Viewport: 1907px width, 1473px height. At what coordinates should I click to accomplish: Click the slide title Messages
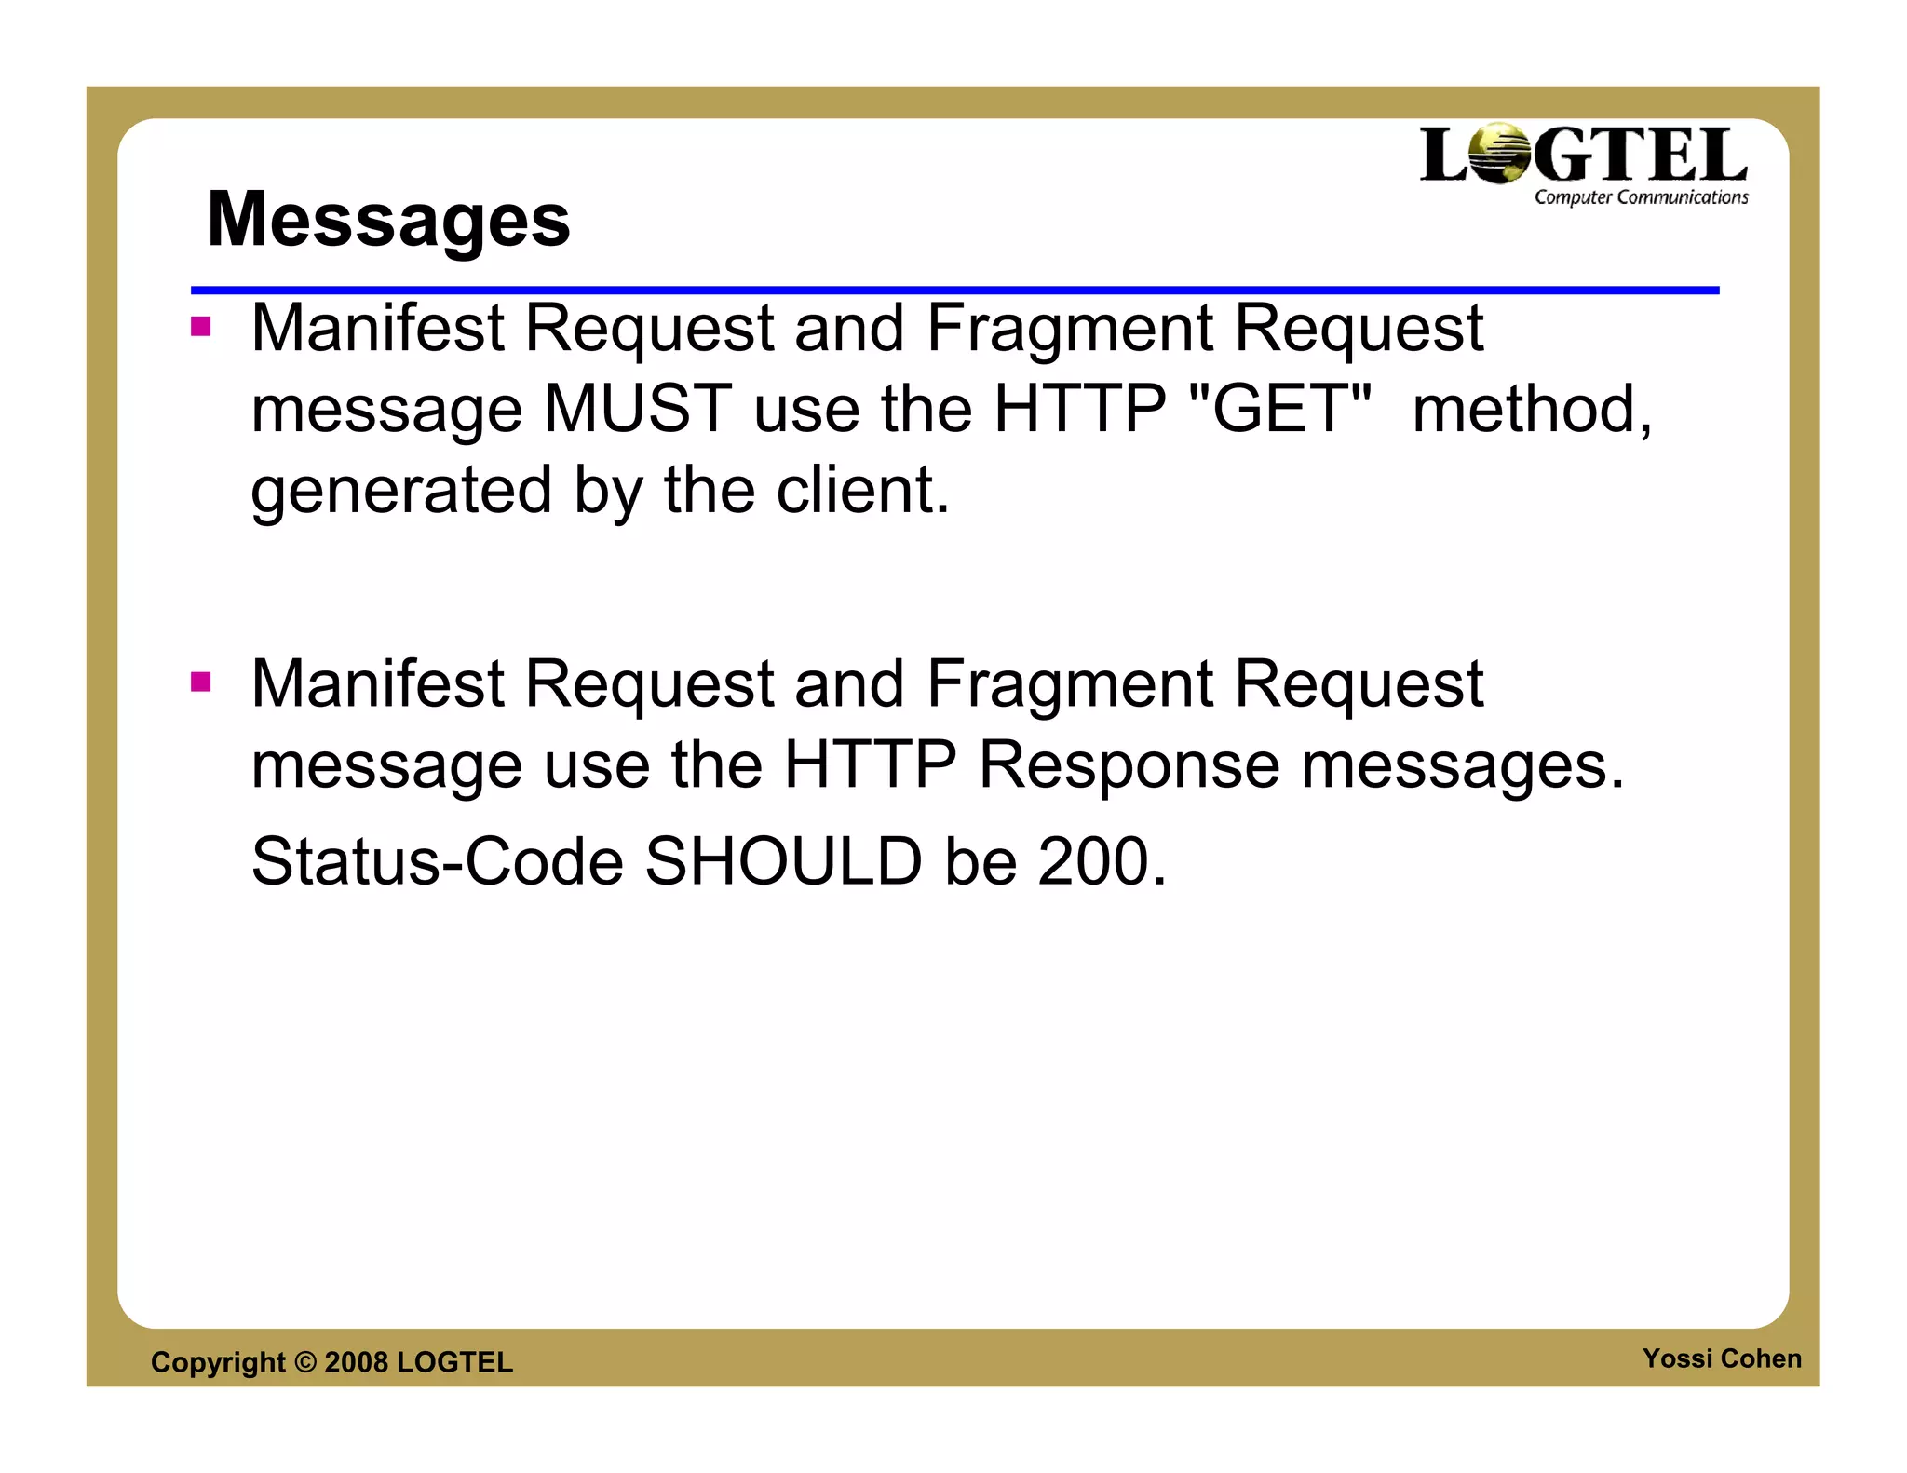coord(388,220)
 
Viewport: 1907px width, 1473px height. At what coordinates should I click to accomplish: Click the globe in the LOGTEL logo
coord(1500,154)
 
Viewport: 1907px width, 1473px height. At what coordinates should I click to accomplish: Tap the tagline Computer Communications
coord(1641,197)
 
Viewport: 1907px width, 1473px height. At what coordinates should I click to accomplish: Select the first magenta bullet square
coord(201,327)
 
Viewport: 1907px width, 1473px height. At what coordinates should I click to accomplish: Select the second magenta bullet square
coord(201,682)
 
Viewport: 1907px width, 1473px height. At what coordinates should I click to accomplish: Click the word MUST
coord(638,409)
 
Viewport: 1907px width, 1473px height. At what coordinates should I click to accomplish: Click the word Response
coord(1129,765)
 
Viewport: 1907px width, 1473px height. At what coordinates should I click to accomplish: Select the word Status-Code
coord(437,861)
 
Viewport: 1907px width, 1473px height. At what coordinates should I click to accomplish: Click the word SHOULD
coord(783,861)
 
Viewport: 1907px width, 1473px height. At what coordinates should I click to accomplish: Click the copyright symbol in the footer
coord(305,1362)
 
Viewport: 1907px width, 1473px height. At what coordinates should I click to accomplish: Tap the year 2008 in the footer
coord(356,1362)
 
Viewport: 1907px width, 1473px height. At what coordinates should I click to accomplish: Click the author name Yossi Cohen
coord(1721,1358)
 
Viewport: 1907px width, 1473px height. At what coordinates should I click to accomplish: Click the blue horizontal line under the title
coord(953,291)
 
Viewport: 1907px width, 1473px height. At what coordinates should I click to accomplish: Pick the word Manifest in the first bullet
coord(377,328)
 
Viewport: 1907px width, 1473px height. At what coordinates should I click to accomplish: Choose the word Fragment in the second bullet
coord(1069,684)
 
